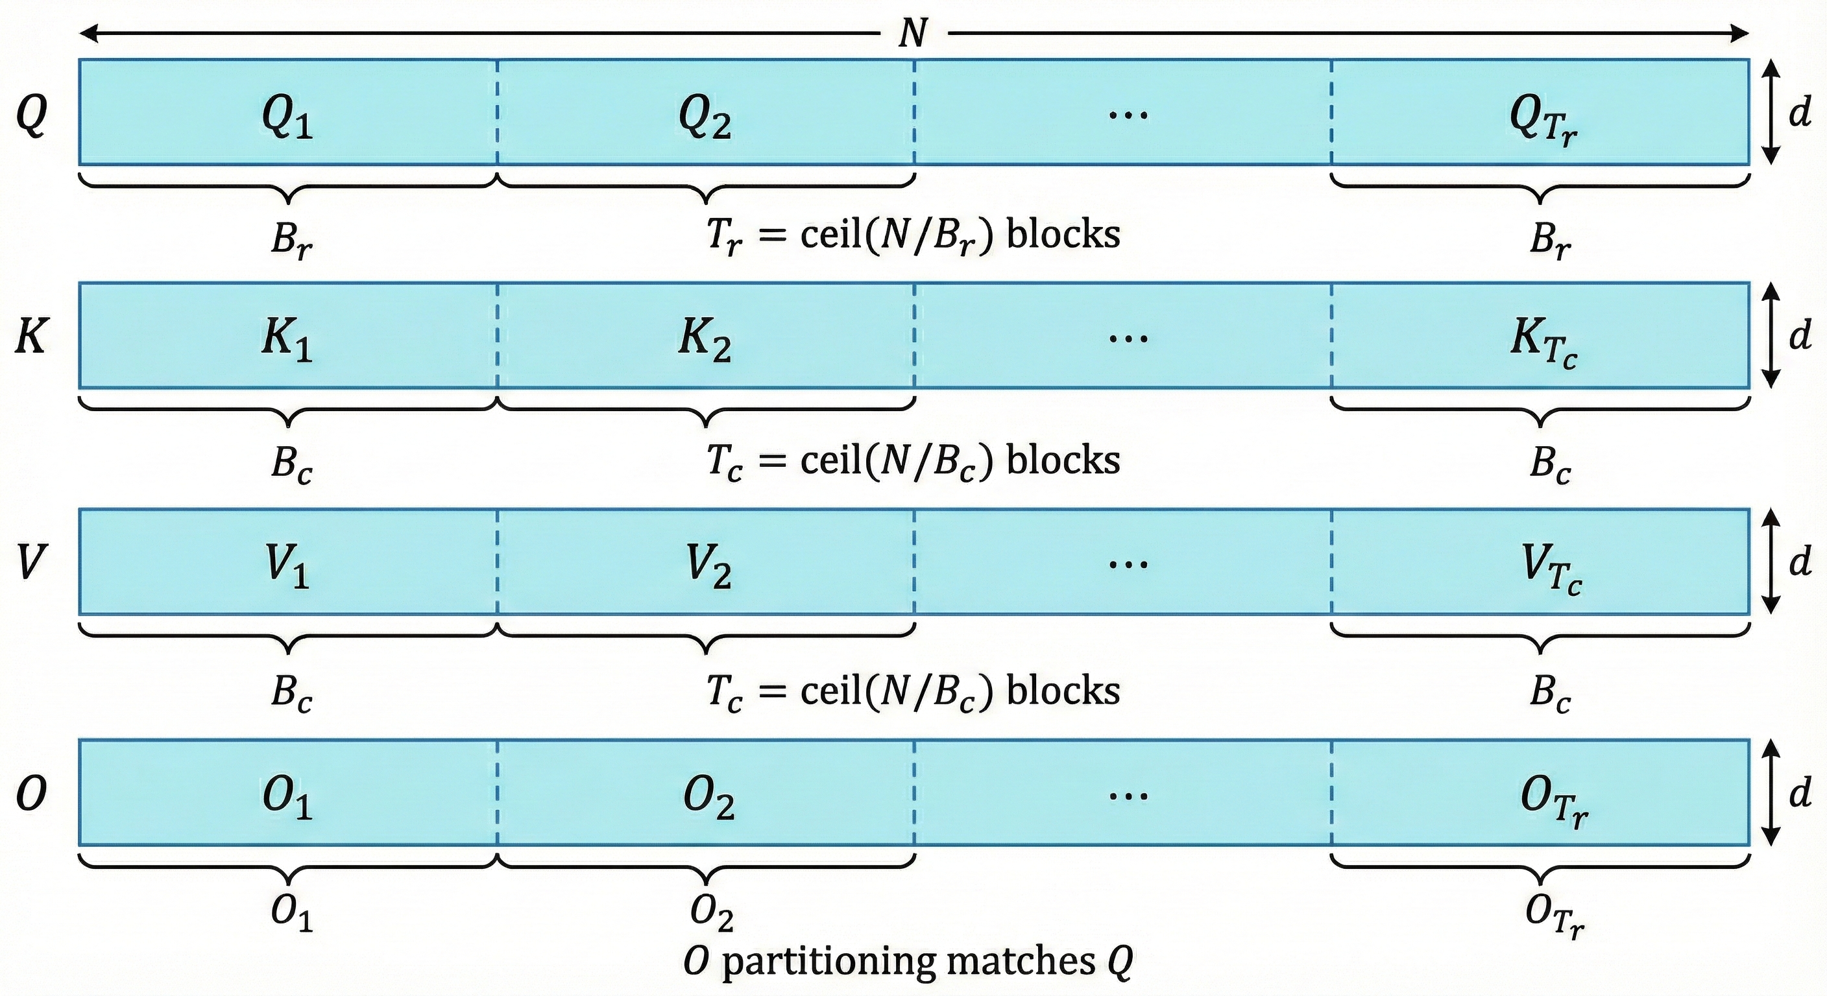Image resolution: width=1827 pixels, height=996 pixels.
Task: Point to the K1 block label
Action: (x=287, y=342)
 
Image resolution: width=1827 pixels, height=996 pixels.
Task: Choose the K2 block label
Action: (x=705, y=342)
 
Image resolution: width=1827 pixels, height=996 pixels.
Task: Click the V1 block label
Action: (x=287, y=567)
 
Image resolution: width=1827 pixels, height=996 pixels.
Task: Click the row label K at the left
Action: (x=32, y=336)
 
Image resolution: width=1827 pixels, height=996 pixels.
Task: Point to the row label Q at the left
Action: (x=32, y=115)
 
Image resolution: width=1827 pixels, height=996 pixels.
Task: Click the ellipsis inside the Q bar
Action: (x=1128, y=113)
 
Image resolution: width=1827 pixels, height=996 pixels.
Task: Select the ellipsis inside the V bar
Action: (x=1128, y=563)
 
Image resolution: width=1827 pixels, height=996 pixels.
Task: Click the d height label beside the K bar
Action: (x=1800, y=335)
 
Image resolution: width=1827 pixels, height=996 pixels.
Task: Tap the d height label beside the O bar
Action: (x=1800, y=792)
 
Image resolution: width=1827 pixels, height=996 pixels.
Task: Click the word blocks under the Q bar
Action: (x=1063, y=234)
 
